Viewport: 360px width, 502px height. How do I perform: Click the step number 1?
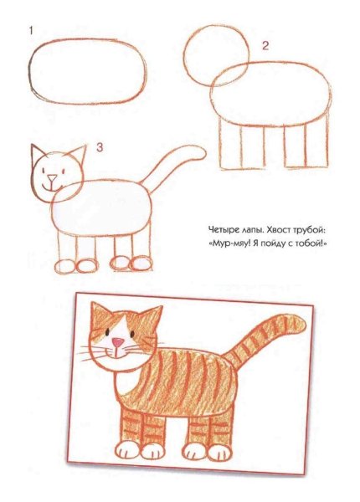(31, 31)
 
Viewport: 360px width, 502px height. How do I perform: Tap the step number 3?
(99, 148)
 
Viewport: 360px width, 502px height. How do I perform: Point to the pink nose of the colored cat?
(120, 342)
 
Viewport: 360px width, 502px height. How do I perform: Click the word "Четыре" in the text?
(224, 228)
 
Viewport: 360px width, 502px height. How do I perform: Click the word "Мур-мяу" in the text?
(229, 243)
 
